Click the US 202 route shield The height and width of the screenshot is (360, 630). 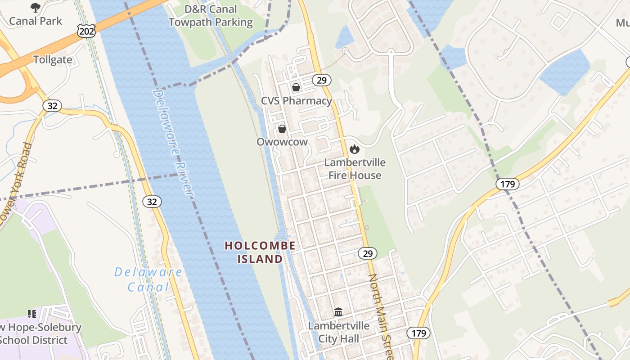coord(85,31)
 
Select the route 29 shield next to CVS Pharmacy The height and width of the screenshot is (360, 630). coord(321,80)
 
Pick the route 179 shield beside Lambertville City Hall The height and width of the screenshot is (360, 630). coord(418,333)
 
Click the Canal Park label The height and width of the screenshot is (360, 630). coord(36,21)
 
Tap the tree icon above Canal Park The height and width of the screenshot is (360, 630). coord(35,7)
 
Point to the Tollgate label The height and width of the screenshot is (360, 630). coord(53,60)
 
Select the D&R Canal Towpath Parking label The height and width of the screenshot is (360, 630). coord(211,16)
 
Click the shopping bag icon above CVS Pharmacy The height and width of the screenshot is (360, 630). coord(296,87)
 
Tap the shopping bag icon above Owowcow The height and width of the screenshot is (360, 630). coord(282,129)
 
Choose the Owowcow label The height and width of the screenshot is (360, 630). coord(282,142)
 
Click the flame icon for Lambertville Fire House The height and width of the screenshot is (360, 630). coord(355,149)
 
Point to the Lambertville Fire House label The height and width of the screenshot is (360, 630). coord(355,169)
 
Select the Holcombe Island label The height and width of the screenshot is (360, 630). coord(260,252)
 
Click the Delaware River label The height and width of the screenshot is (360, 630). coord(173,142)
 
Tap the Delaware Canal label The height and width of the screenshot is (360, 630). coord(148,279)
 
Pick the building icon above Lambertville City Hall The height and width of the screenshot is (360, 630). coord(338,311)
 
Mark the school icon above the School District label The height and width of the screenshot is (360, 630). coord(32,313)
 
